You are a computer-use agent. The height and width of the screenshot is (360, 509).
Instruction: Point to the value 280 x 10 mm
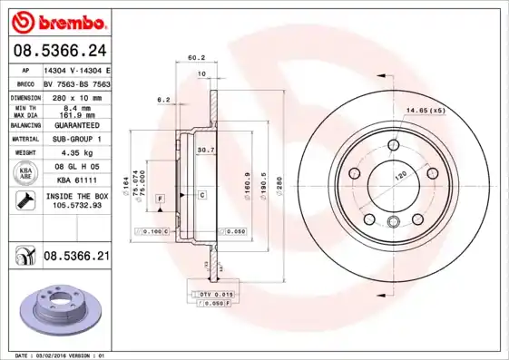tap(77, 95)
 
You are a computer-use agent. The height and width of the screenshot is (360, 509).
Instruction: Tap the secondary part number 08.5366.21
tap(77, 257)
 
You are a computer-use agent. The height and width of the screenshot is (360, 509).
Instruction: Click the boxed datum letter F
tap(160, 198)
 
